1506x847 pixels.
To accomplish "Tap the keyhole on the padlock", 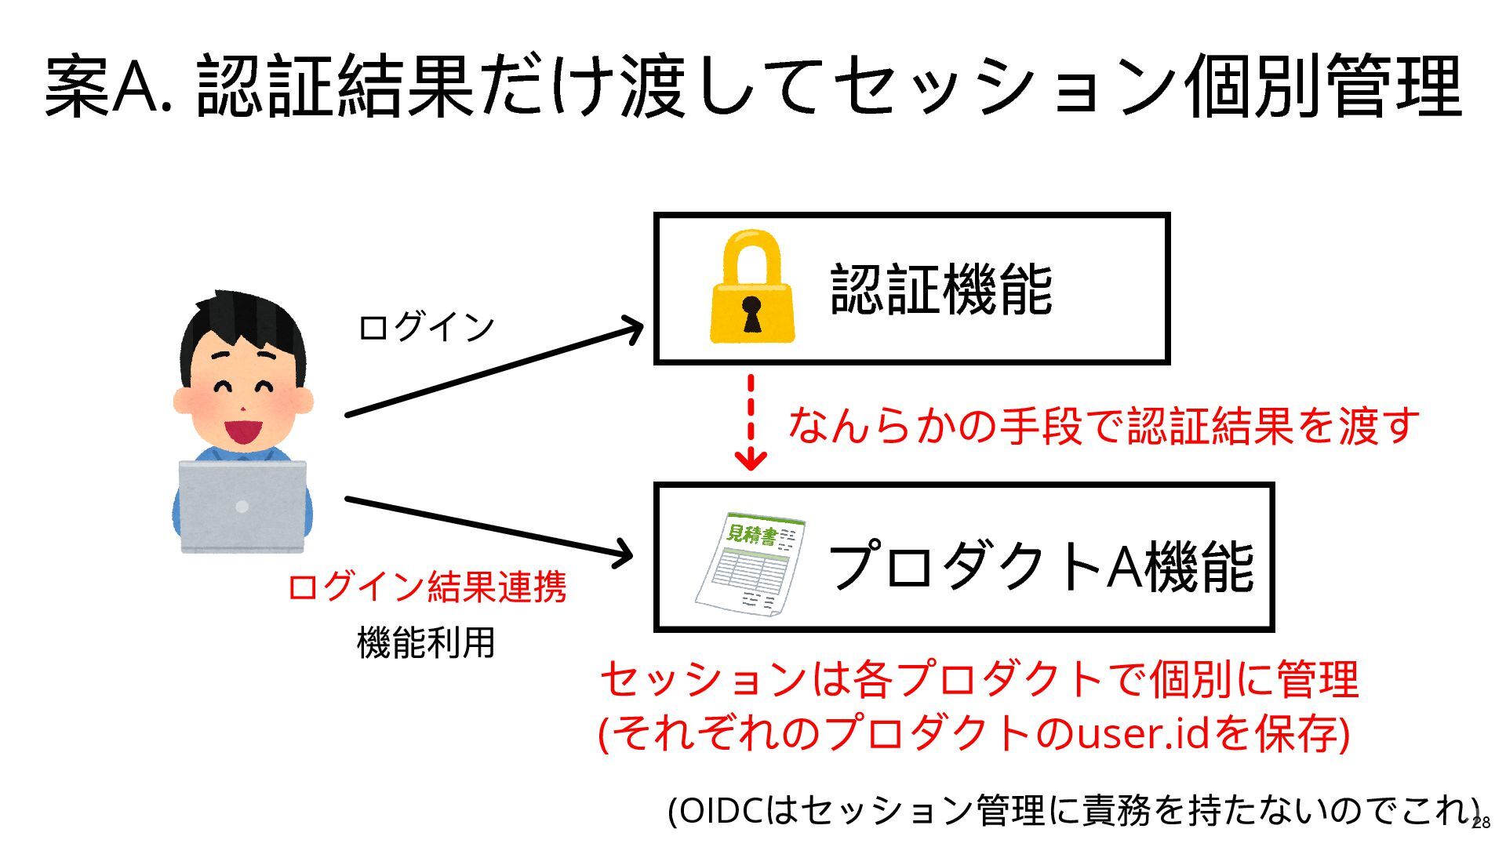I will coord(751,312).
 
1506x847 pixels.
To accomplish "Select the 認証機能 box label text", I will coord(940,289).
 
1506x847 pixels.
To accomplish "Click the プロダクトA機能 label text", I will coord(1040,565).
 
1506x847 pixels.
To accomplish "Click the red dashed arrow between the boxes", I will coord(751,423).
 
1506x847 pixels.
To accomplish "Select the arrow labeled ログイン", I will coord(494,371).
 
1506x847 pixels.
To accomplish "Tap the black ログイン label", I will coord(426,327).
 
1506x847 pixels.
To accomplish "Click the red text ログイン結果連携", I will coord(426,587).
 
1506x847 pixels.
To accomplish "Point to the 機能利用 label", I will coord(426,643).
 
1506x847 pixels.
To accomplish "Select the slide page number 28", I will coord(1481,823).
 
